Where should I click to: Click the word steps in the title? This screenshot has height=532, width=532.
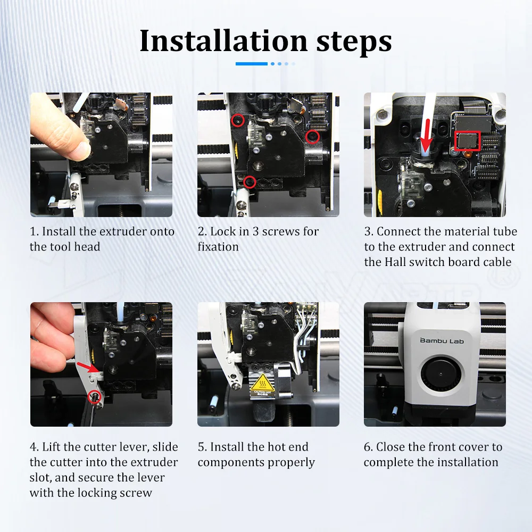pos(354,42)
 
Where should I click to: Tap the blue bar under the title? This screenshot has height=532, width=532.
pos(252,64)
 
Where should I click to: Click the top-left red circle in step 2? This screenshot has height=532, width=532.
pos(237,120)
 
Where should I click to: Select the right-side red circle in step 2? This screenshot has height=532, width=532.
pos(312,137)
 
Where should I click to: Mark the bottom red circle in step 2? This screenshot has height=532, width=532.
pos(250,182)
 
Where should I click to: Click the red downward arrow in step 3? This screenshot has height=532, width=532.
pos(427,135)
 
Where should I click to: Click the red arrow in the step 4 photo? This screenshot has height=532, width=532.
pos(88,368)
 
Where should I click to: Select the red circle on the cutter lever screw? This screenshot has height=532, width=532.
pos(94,396)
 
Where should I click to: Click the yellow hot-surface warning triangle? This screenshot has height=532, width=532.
pos(262,383)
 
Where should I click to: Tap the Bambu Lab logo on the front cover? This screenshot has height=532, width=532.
pos(442,340)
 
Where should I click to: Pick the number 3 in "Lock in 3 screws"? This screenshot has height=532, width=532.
pos(255,231)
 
